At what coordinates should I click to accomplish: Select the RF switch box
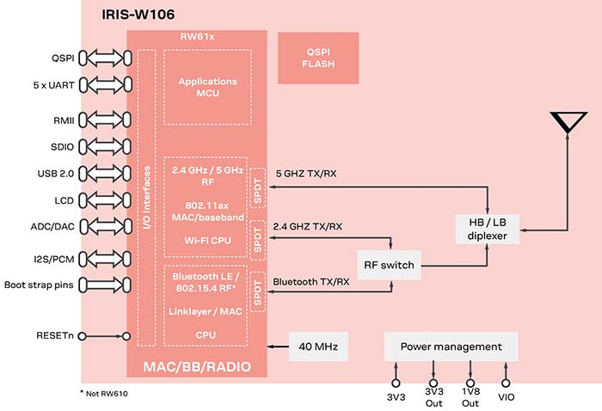coord(389,265)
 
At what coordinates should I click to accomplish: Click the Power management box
coord(451,347)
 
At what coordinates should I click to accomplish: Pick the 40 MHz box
coord(319,347)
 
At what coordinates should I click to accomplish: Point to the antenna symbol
coord(568,122)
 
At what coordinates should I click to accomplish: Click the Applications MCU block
coord(207,87)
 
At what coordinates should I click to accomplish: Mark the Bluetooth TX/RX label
coord(310,281)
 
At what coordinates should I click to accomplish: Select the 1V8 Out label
coord(470,398)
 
